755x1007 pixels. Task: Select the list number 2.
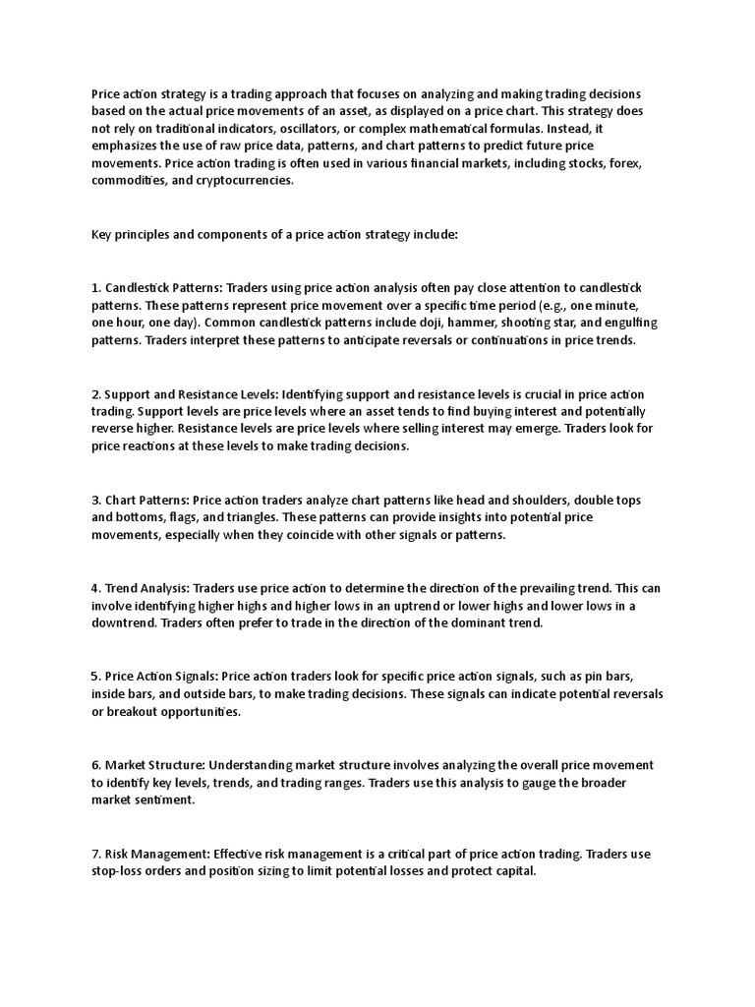pyautogui.click(x=94, y=393)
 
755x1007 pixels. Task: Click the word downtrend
pyautogui.click(x=123, y=623)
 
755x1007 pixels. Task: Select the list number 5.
pyautogui.click(x=94, y=677)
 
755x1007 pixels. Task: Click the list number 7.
pyautogui.click(x=94, y=854)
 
